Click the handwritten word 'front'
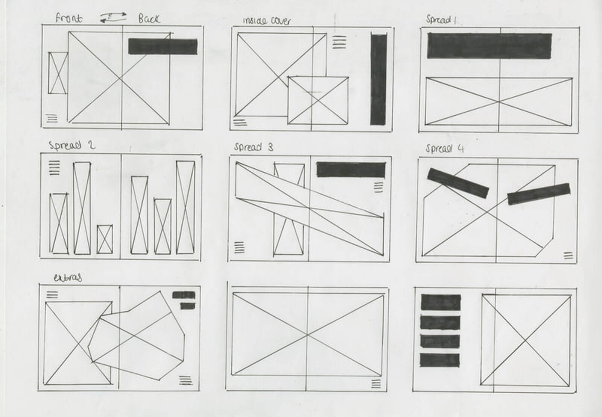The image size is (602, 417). pos(69,18)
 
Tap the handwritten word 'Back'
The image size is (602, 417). pos(149,19)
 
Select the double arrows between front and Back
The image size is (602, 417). pos(113,17)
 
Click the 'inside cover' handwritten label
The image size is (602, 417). pos(267,21)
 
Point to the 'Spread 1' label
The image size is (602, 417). pos(441,19)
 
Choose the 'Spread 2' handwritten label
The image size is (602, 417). pos(72,145)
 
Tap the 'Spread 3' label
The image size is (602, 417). pos(254,147)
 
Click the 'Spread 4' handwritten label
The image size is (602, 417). pos(445,148)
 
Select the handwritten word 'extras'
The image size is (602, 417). pos(68,278)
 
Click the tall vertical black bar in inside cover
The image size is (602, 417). pos(379,79)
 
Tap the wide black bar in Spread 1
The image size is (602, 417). pos(490,45)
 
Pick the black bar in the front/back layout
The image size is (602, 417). pos(163,47)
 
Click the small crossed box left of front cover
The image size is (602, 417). pos(58,73)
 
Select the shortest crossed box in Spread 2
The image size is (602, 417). pos(105,239)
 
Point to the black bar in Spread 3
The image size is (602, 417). pos(351,169)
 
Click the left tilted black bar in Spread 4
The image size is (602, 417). pos(458,183)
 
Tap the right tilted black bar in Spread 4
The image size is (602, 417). pos(538,194)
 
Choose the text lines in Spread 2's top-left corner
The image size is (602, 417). pos(55,168)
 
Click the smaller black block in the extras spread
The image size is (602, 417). pos(188,306)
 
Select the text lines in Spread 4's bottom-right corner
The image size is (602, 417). pos(568,255)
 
